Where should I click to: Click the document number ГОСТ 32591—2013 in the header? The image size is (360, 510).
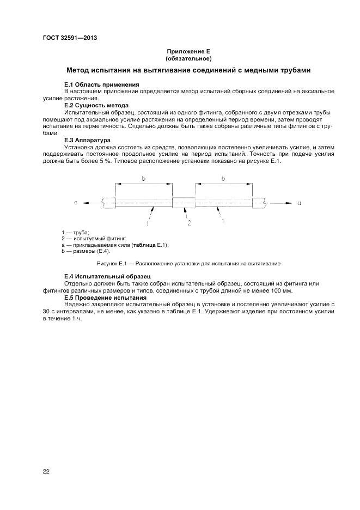pos(65,38)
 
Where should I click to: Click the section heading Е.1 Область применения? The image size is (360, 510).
pos(101,85)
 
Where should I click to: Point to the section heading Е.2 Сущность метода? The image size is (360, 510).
pos(96,105)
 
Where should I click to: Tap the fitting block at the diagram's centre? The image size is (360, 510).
pos(184,203)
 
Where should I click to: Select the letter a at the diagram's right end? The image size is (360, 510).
pos(299,203)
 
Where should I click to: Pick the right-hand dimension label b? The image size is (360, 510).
pos(224,178)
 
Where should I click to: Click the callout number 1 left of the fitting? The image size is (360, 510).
pos(147,223)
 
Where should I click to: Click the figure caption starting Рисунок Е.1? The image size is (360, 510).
pos(188,264)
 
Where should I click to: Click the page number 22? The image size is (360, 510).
pos(46,471)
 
